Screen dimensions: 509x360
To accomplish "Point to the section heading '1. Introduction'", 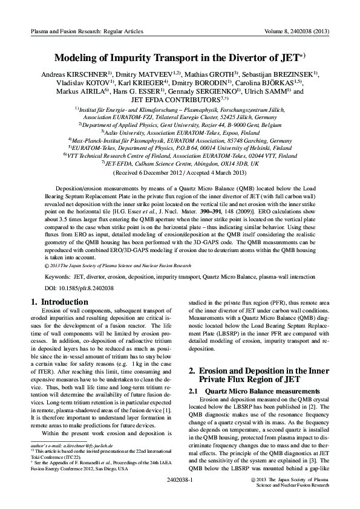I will [x=59, y=302].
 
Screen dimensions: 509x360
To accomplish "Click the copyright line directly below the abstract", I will [x=118, y=265].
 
